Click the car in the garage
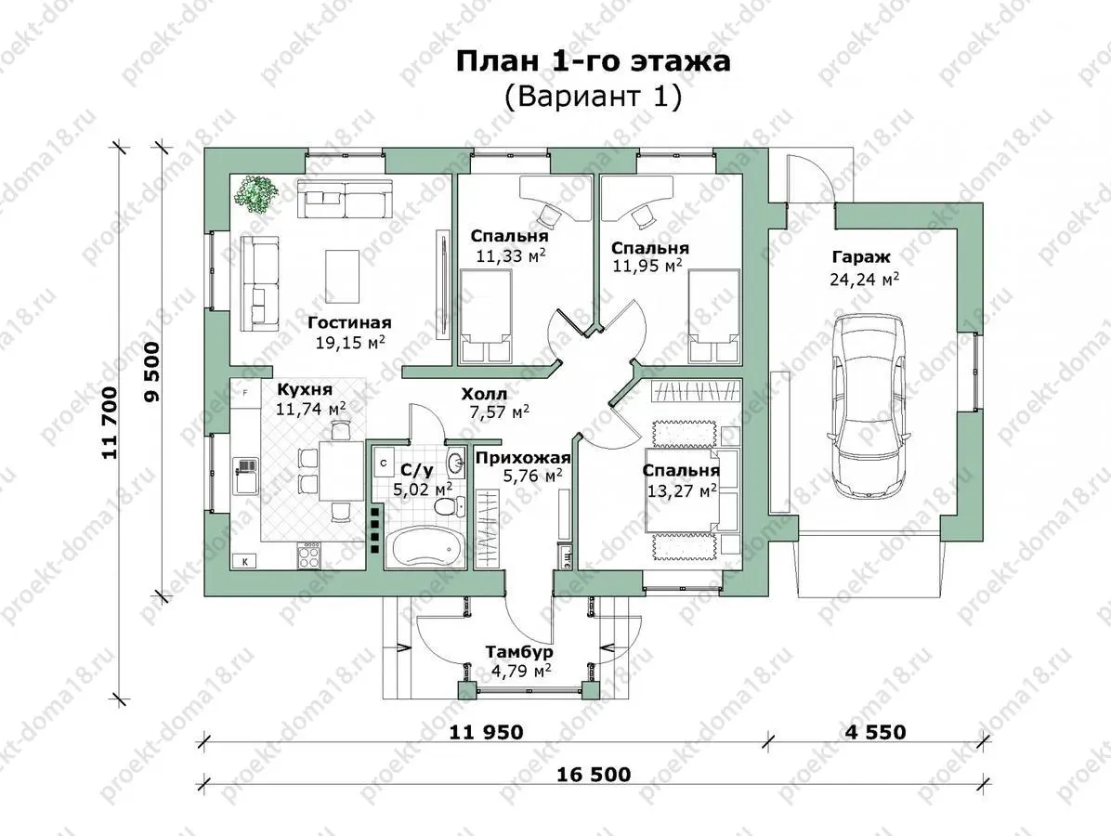(x=869, y=405)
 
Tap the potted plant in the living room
(x=257, y=192)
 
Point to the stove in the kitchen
(x=309, y=554)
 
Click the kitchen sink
(x=245, y=474)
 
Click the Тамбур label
(x=519, y=651)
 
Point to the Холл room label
(x=484, y=393)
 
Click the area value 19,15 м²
(x=351, y=343)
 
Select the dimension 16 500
(x=594, y=774)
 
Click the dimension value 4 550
(x=875, y=731)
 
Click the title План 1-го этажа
(x=593, y=61)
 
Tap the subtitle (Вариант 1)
(x=593, y=97)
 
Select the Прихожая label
(x=523, y=458)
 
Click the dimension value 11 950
(x=486, y=731)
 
